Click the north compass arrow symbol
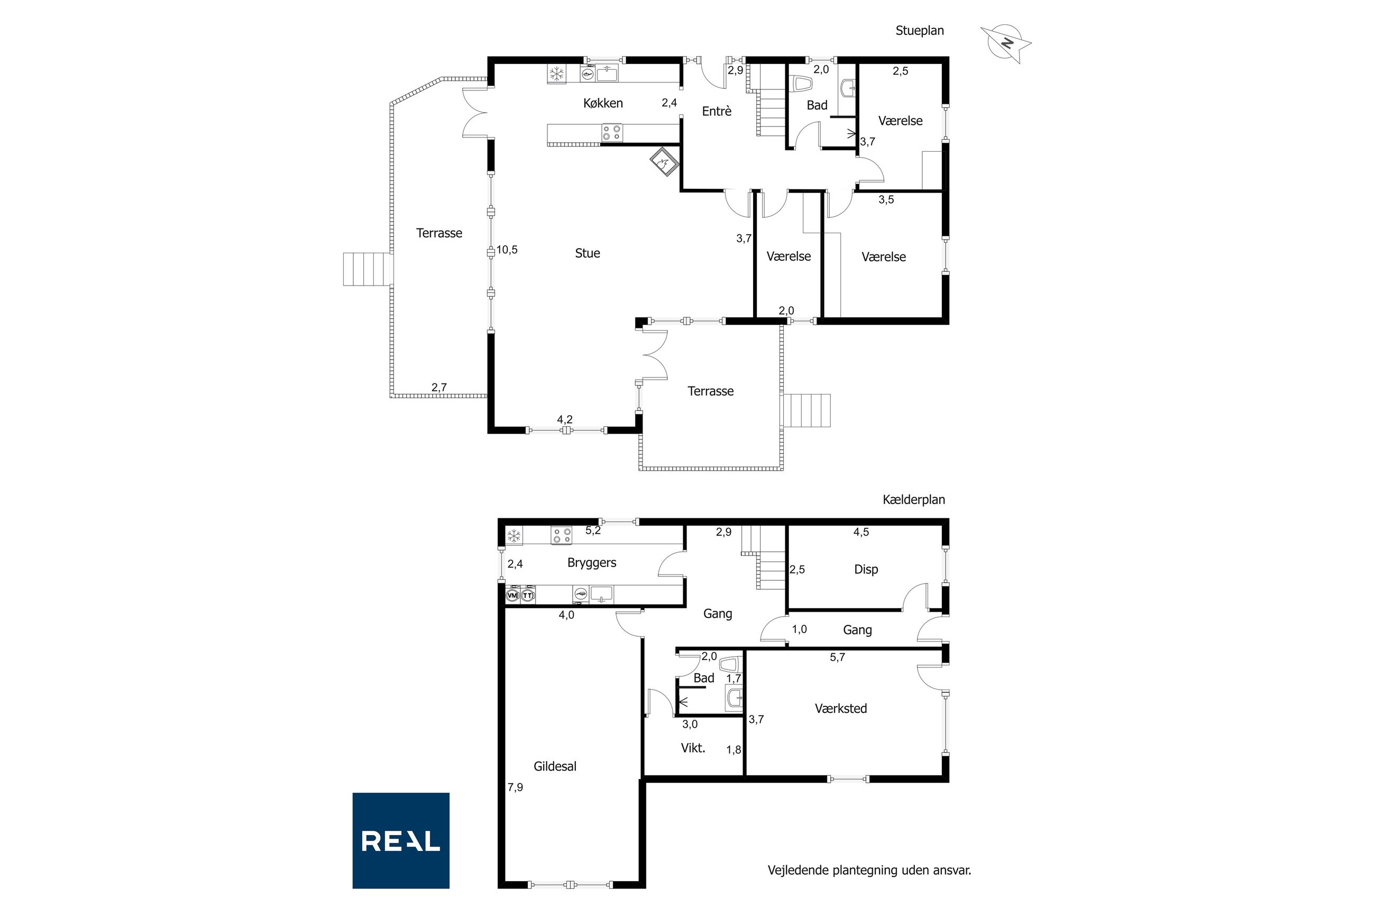pos(1005,43)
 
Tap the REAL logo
pos(401,840)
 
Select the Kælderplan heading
pos(913,499)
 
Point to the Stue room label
pos(587,253)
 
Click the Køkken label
pos(603,104)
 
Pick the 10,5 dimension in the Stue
pos(507,250)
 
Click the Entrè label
pos(717,111)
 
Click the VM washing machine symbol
pos(512,595)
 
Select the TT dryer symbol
pos(528,595)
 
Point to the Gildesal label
pos(555,766)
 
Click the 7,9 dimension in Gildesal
pos(515,787)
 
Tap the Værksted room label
pos(841,708)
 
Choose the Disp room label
pos(866,570)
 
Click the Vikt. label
pos(693,748)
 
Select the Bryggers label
pos(592,563)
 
